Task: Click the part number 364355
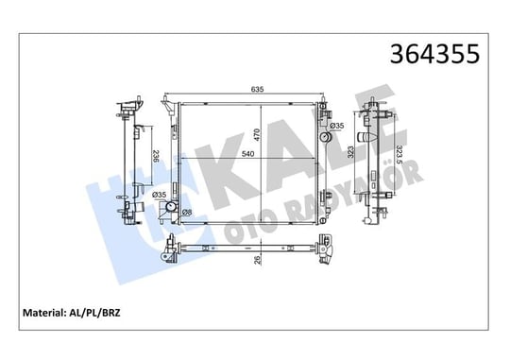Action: (x=434, y=54)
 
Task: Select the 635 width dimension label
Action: (x=257, y=89)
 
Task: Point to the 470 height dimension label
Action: (x=257, y=135)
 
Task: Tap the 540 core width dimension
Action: (x=247, y=154)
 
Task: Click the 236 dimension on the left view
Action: (x=156, y=156)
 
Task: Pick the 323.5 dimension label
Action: (x=399, y=152)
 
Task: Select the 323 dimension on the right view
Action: (x=350, y=152)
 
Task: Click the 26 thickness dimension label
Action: (x=258, y=260)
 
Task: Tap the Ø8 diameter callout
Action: (x=187, y=213)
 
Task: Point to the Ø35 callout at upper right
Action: (x=337, y=126)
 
